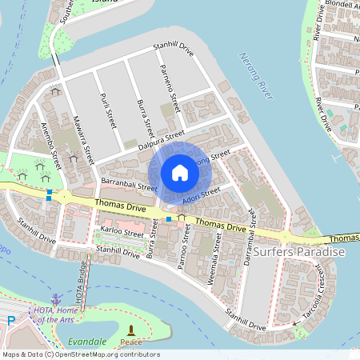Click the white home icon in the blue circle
point(180,172)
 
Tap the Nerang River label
point(257,75)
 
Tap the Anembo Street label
point(49,145)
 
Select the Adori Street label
point(200,193)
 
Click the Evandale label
point(86,342)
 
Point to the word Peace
point(130,342)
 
